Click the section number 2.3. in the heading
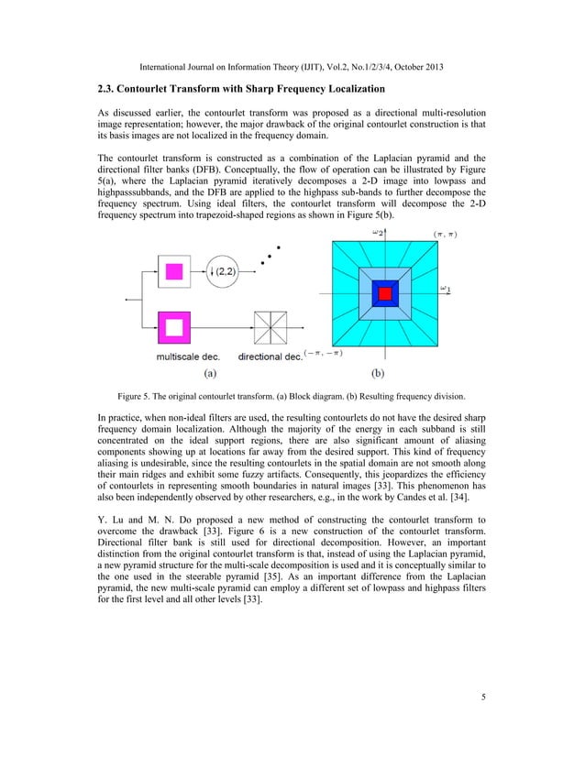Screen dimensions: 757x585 point(109,88)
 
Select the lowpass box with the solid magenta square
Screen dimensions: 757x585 point(173,271)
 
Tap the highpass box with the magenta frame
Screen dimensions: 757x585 point(173,326)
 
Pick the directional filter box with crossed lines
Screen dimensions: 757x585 point(270,326)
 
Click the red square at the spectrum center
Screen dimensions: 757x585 point(386,293)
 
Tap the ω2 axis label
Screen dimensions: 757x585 point(377,233)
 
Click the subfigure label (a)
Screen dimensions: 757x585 point(209,374)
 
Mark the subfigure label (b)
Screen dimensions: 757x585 point(378,374)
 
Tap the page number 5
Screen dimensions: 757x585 point(483,697)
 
